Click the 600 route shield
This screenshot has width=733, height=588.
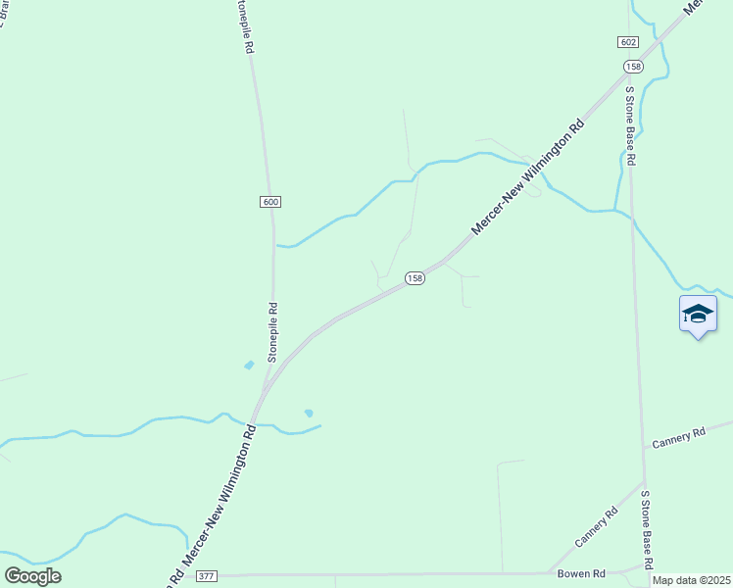pyautogui.click(x=271, y=202)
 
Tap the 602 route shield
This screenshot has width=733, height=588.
pyautogui.click(x=629, y=42)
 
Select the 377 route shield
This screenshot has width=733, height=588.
pyautogui.click(x=206, y=575)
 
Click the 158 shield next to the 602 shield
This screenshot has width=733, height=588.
pyautogui.click(x=633, y=66)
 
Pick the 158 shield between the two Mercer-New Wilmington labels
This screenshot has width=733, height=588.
pyautogui.click(x=415, y=278)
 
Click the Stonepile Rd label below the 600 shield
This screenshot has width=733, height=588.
pyautogui.click(x=274, y=333)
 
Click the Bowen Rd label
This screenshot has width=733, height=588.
pyautogui.click(x=582, y=573)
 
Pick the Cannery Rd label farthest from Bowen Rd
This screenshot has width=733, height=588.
pyautogui.click(x=678, y=436)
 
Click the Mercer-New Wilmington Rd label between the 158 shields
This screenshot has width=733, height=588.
pyautogui.click(x=528, y=175)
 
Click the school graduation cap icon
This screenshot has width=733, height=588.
pyautogui.click(x=698, y=315)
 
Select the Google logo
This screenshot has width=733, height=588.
pyautogui.click(x=32, y=575)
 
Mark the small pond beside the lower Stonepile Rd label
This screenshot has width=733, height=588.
pyautogui.click(x=249, y=366)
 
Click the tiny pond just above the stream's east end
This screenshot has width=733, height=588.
pyautogui.click(x=309, y=413)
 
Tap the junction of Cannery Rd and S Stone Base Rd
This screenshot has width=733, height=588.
pyautogui.click(x=642, y=480)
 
